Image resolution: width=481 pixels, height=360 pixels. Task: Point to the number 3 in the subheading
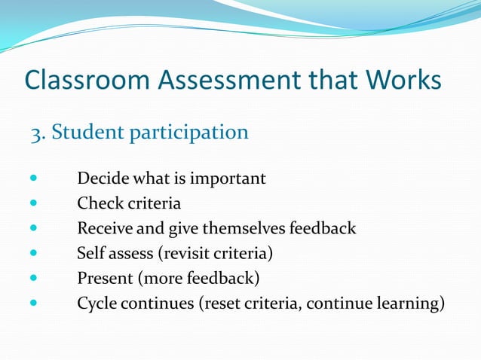pos(35,133)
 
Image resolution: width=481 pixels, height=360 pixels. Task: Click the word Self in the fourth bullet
pos(90,253)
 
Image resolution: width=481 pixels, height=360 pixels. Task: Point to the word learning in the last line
pos(412,303)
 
